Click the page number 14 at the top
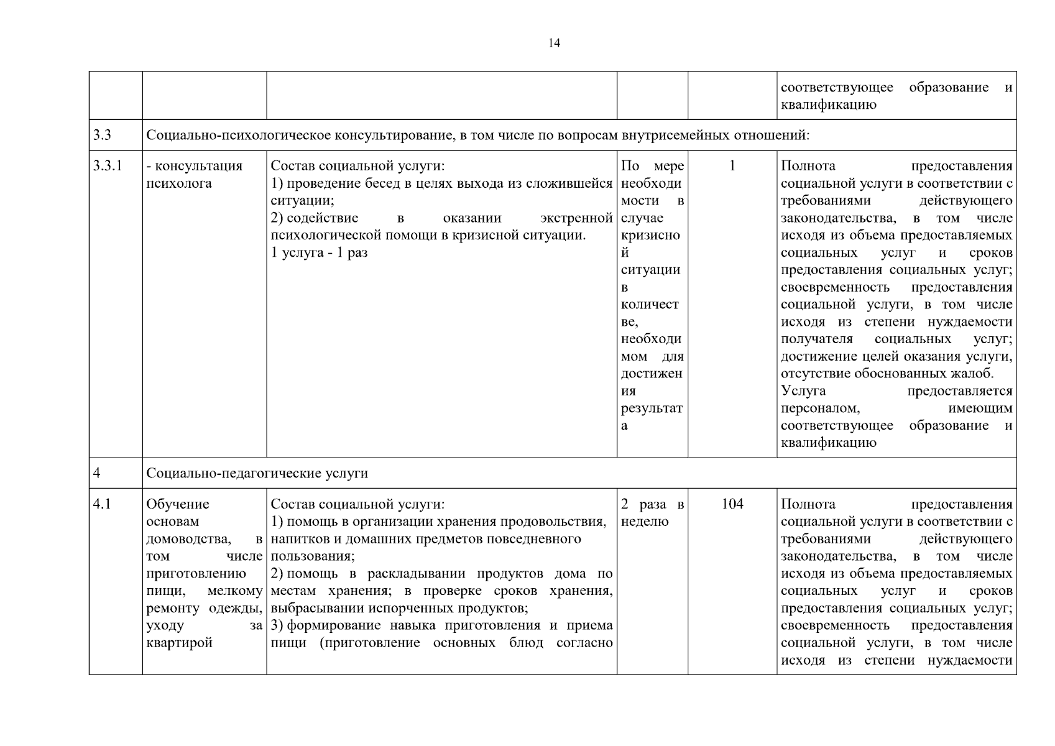coord(554,43)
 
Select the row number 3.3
coord(102,135)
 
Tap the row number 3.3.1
coord(108,166)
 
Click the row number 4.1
coord(102,504)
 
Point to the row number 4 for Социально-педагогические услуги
coord(96,473)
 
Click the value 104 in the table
coord(732,504)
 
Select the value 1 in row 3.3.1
coord(732,166)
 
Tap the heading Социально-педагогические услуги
coord(257,473)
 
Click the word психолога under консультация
coord(178,183)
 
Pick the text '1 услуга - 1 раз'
coord(319,253)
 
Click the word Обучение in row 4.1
coord(177,504)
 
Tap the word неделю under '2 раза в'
coord(645,522)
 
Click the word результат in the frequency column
coord(651,408)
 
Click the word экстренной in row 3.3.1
coord(576,218)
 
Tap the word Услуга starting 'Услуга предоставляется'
coord(803,391)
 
